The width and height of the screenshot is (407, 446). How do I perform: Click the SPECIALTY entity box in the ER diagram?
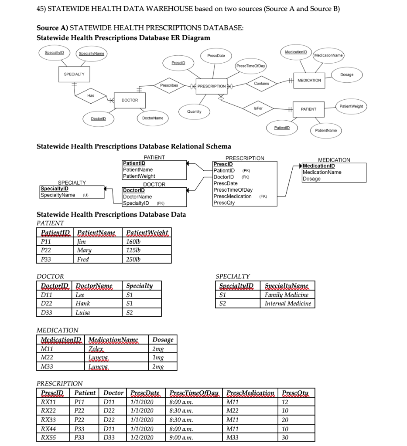pyautogui.click(x=74, y=74)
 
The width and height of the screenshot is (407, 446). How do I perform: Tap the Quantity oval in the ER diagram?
pyautogui.click(x=194, y=111)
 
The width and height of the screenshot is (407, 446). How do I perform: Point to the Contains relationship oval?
pyautogui.click(x=261, y=83)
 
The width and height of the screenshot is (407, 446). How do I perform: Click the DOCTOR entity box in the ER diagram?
pyautogui.click(x=130, y=100)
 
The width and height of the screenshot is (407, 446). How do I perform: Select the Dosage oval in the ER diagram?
pyautogui.click(x=347, y=74)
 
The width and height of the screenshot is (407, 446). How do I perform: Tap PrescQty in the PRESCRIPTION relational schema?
pyautogui.click(x=224, y=203)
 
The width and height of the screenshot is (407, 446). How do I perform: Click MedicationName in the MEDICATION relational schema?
pyautogui.click(x=322, y=172)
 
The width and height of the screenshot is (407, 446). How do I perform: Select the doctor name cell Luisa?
pyautogui.click(x=82, y=312)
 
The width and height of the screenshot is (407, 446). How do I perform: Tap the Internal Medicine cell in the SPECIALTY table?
pyautogui.click(x=288, y=304)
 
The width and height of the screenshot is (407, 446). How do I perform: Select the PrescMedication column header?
pyautogui.click(x=250, y=393)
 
